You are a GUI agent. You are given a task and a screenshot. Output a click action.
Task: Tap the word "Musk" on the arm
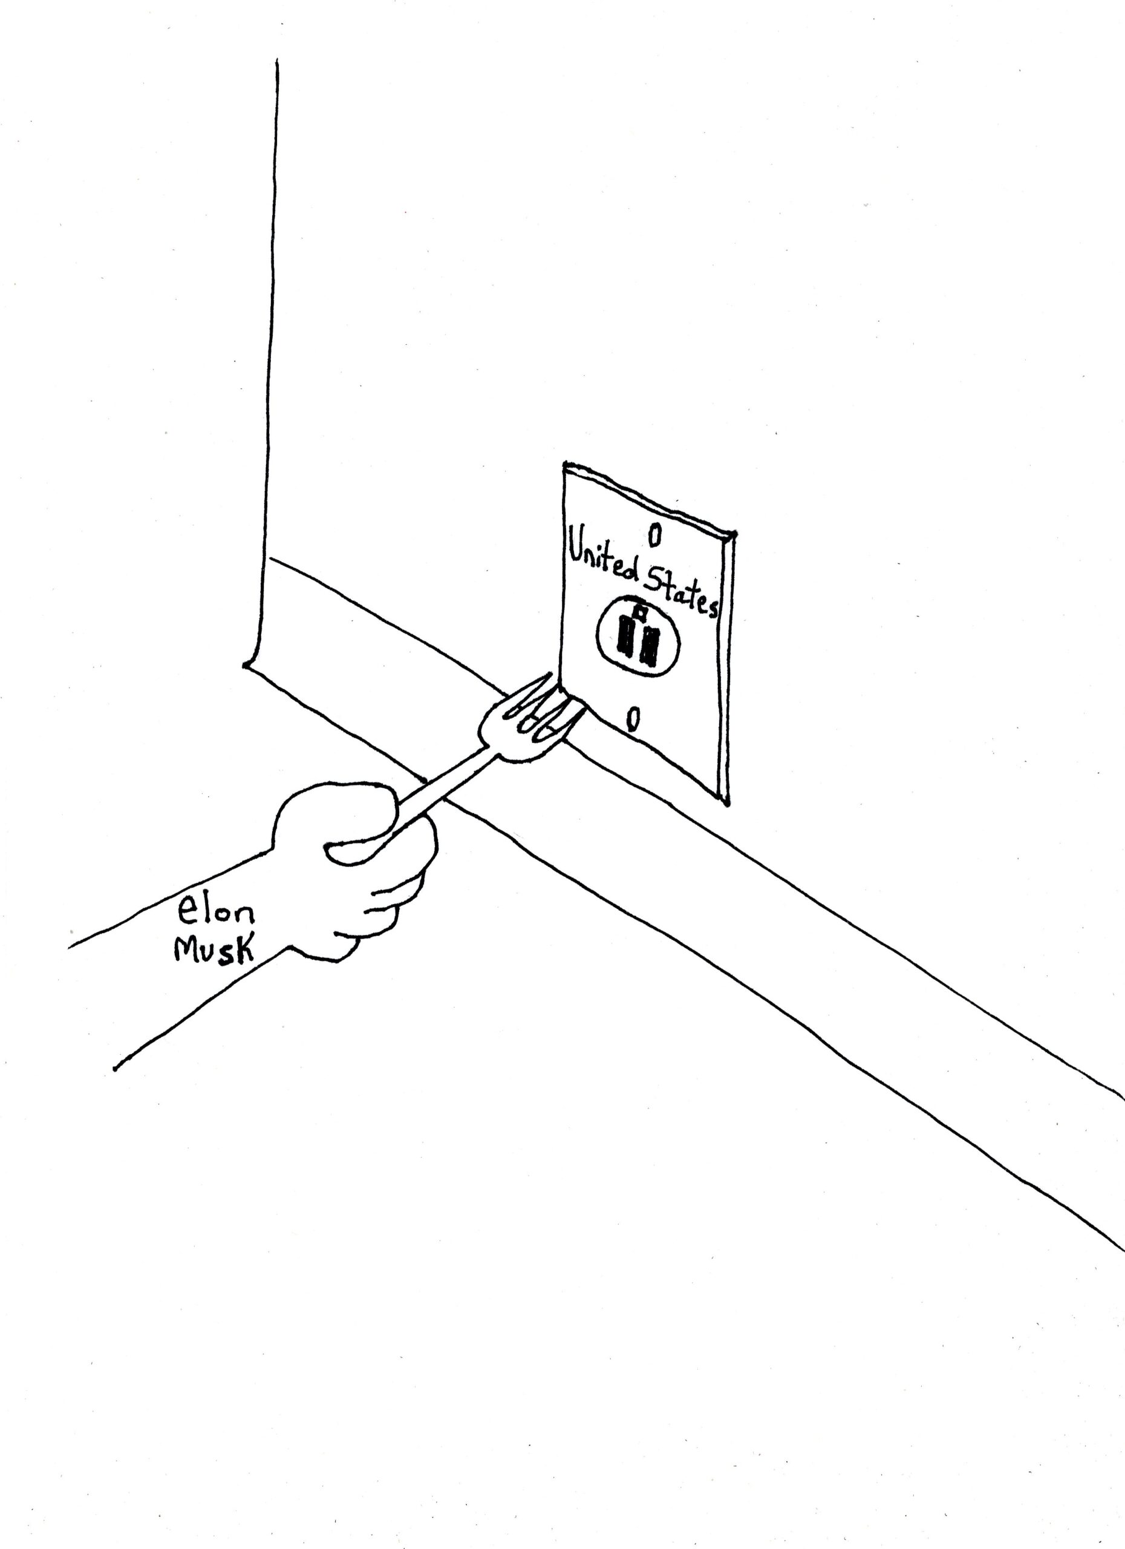point(214,950)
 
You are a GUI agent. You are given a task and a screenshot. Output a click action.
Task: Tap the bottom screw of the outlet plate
point(633,719)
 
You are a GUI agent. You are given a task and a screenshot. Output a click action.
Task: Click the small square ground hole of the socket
point(641,612)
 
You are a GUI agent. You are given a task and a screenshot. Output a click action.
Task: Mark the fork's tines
point(546,710)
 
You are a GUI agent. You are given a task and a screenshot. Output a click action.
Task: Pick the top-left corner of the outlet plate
point(564,465)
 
